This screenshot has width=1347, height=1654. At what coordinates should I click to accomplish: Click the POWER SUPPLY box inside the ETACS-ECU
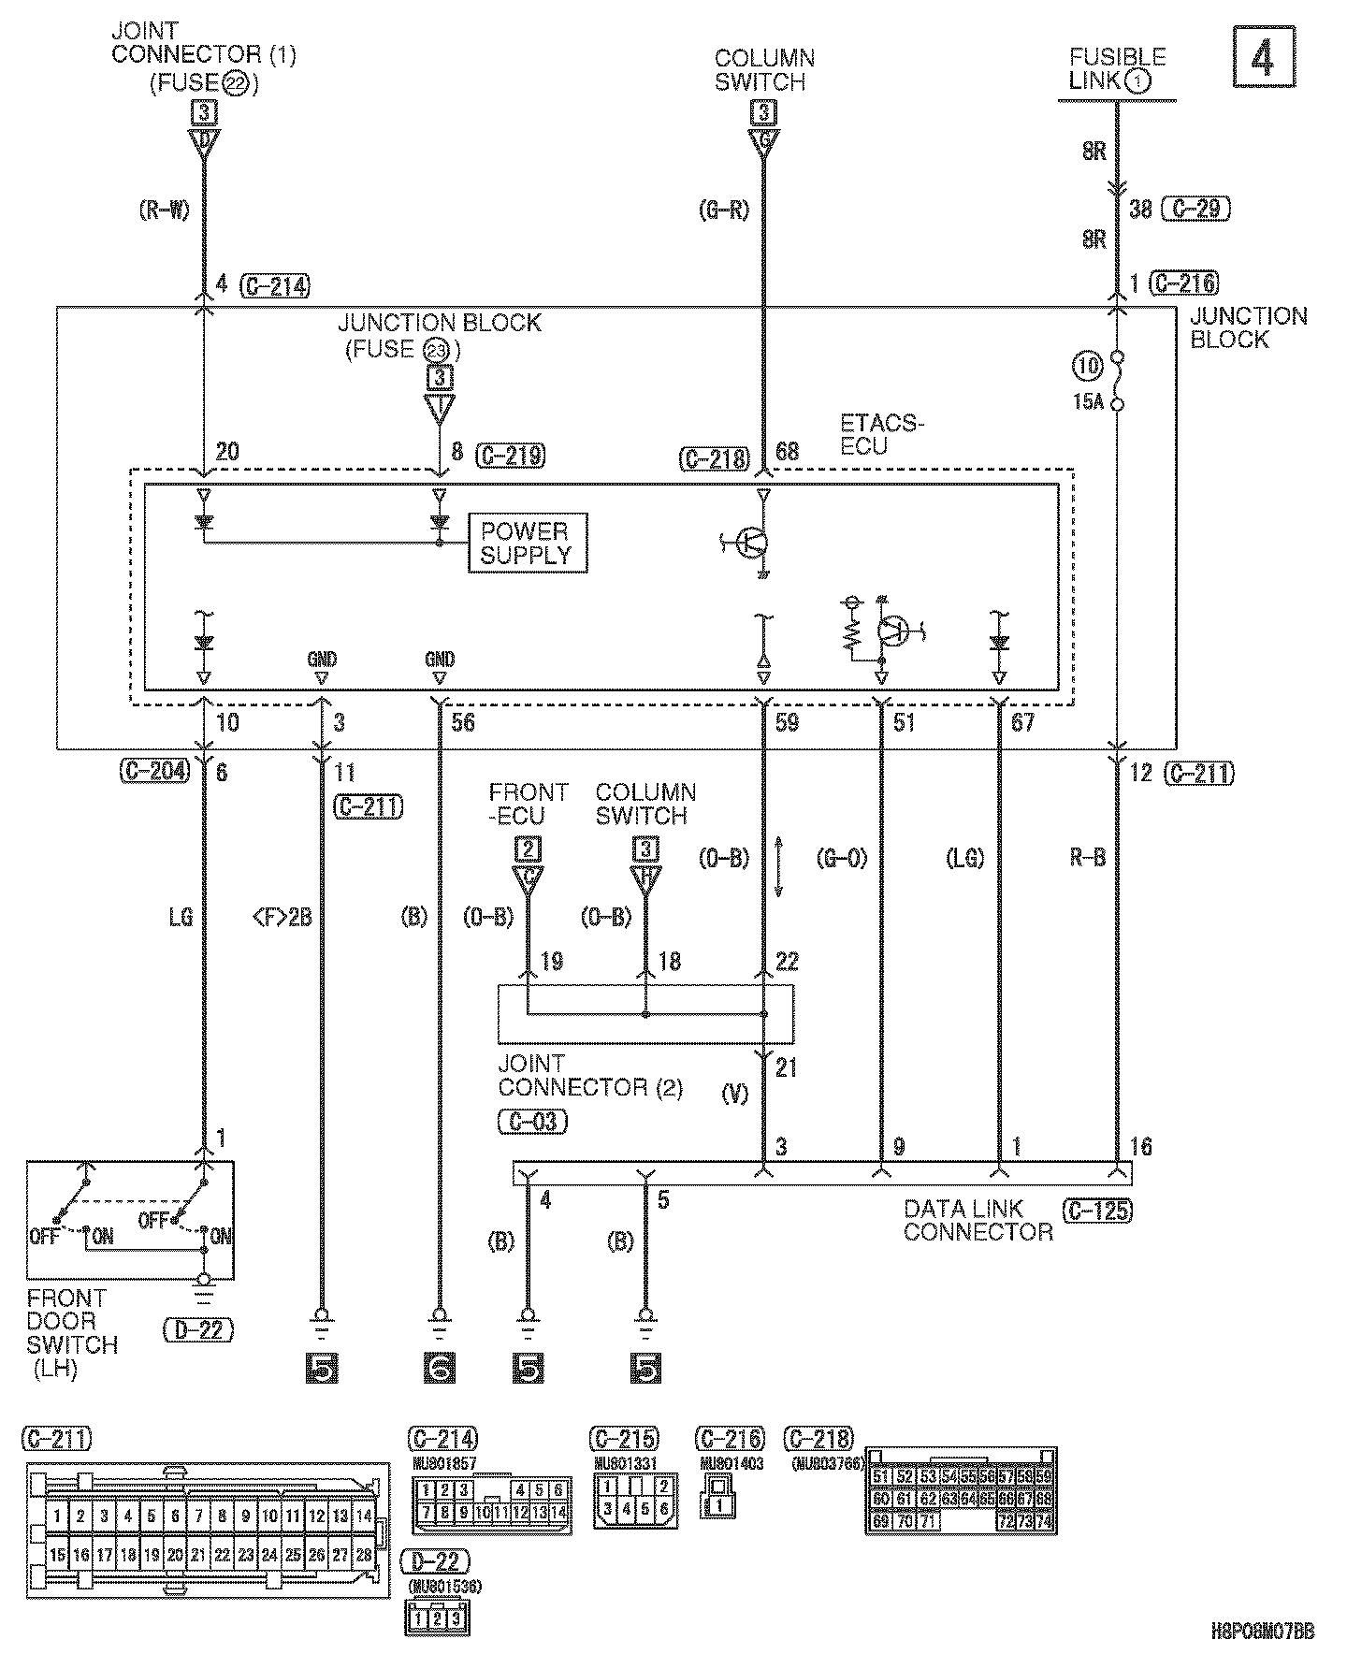527,543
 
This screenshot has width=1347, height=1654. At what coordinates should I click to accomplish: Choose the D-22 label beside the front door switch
197,1328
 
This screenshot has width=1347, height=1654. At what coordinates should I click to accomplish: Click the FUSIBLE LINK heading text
1117,68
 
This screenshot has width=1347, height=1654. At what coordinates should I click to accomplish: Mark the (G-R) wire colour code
724,210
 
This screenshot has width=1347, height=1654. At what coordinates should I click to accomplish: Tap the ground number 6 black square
439,1369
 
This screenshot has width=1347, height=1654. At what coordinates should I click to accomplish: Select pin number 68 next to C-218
788,453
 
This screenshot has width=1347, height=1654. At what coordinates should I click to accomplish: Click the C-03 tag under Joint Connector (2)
533,1121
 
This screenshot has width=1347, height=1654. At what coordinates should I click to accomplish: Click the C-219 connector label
512,456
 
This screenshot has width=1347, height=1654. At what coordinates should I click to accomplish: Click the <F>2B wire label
283,918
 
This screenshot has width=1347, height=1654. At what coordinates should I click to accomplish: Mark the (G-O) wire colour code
842,858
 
